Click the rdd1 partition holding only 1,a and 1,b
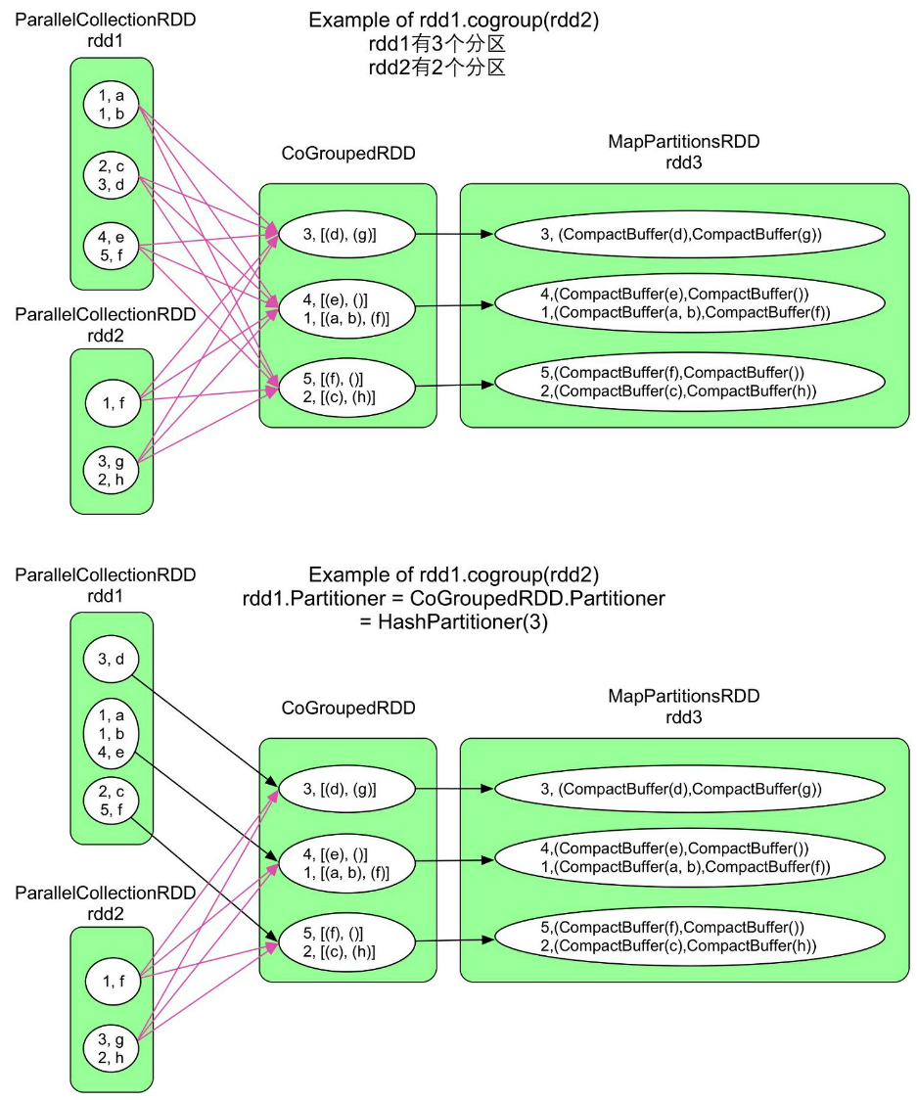(x=112, y=105)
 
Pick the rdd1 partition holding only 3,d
(x=112, y=659)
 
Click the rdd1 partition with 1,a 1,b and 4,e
(x=112, y=733)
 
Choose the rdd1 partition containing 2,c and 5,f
(x=112, y=801)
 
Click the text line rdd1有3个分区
(x=436, y=44)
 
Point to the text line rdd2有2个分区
(x=436, y=68)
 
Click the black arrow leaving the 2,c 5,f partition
(x=206, y=877)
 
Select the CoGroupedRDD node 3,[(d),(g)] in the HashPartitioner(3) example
(x=346, y=788)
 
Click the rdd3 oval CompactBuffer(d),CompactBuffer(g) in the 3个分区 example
(x=689, y=234)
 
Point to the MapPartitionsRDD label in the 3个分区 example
(x=683, y=142)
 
